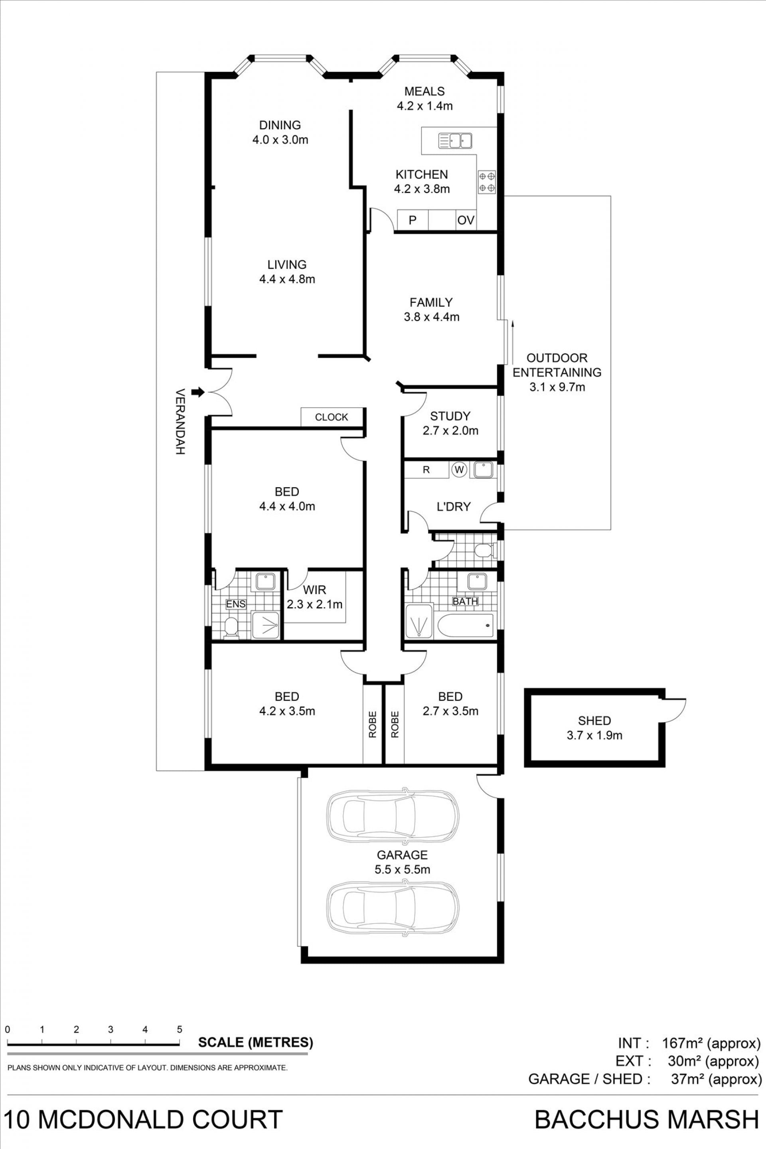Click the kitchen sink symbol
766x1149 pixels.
(455, 141)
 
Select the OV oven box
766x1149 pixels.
(466, 220)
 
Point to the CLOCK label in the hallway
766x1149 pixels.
(332, 417)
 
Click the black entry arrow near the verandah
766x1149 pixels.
(198, 391)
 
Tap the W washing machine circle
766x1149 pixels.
(459, 470)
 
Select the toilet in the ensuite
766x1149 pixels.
(230, 627)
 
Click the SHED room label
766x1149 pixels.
(594, 720)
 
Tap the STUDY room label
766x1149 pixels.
(450, 416)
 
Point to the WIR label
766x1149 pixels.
(314, 590)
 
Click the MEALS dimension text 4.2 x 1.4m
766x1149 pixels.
(424, 105)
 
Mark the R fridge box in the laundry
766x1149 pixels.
(426, 470)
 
